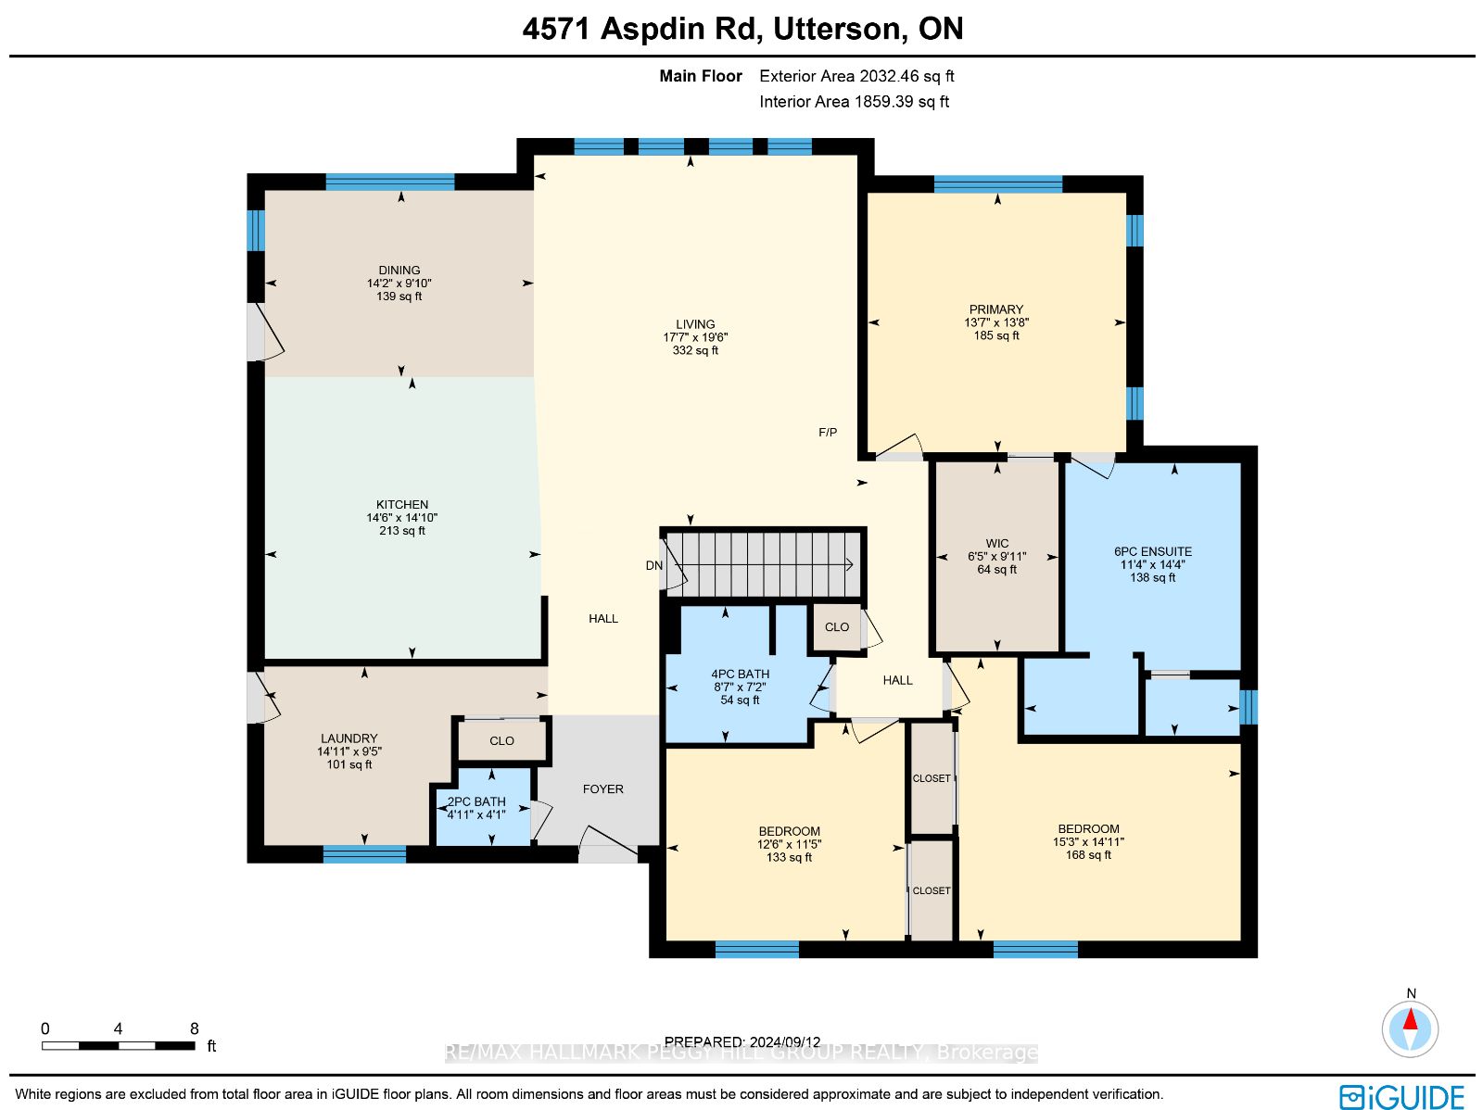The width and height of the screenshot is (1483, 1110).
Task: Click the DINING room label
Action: [x=399, y=271]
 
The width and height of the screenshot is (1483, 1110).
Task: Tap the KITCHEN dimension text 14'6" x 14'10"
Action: [x=401, y=518]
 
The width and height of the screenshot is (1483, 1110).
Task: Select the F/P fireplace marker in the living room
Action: [x=828, y=433]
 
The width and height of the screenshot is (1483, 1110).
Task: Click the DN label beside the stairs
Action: [x=654, y=565]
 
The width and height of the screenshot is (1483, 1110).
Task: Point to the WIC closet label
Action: [x=997, y=544]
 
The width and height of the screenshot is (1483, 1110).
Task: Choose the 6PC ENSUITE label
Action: [x=1153, y=551]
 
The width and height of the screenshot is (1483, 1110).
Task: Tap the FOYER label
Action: [x=603, y=789]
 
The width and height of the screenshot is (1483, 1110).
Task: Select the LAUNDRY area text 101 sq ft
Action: [x=349, y=764]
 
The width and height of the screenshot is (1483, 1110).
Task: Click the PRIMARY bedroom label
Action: [x=996, y=309]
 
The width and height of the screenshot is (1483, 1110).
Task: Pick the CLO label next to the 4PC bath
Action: [x=837, y=627]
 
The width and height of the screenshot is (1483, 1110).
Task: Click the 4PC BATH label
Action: [x=741, y=675]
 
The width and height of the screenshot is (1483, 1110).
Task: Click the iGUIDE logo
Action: [x=1402, y=1097]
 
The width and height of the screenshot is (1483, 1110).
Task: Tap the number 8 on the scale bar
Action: [x=194, y=1028]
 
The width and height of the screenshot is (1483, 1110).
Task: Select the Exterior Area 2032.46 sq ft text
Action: [x=856, y=77]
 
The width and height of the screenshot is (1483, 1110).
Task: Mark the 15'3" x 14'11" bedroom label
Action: [x=1088, y=842]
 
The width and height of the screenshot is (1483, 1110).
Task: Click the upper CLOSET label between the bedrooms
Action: [x=932, y=778]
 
